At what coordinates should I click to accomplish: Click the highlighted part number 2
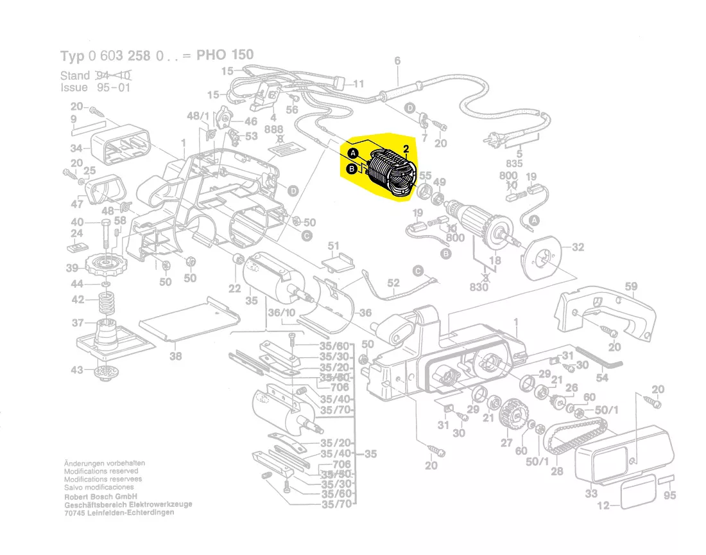pos(406,150)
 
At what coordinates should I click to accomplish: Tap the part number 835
pos(515,164)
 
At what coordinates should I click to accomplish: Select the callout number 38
pos(175,356)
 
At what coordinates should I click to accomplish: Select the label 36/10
pos(282,312)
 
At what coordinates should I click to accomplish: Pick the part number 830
pos(479,287)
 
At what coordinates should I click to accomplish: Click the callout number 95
pos(669,495)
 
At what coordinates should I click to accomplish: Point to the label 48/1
pos(198,116)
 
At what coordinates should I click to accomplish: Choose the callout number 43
pos(77,370)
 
